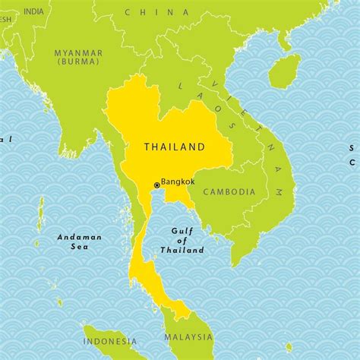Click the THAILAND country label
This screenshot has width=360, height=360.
(175, 147)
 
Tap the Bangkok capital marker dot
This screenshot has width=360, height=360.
(157, 185)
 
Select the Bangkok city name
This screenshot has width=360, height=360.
(178, 182)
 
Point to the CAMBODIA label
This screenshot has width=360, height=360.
(229, 192)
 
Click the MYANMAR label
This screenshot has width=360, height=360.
(78, 52)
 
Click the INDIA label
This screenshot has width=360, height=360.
(33, 11)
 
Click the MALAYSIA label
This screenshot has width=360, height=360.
(188, 336)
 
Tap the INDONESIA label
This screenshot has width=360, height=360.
(110, 341)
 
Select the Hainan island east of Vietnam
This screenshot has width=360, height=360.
(284, 70)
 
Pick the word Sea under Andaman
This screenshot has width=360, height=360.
(79, 247)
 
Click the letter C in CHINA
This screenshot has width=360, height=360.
(127, 12)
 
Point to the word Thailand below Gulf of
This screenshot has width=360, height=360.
(182, 250)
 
